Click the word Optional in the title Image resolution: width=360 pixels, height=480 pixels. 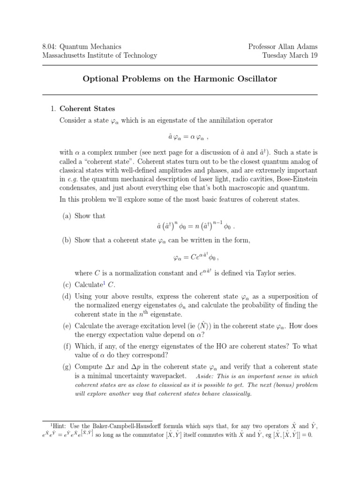[x=100, y=79]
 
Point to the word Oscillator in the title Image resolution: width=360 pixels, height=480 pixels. [x=255, y=79]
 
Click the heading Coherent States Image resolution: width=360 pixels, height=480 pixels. [x=87, y=109]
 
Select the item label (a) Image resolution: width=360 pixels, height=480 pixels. [x=68, y=216]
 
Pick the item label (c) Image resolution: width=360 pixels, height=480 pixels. [x=68, y=285]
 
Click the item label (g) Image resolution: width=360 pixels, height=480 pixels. [x=68, y=367]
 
